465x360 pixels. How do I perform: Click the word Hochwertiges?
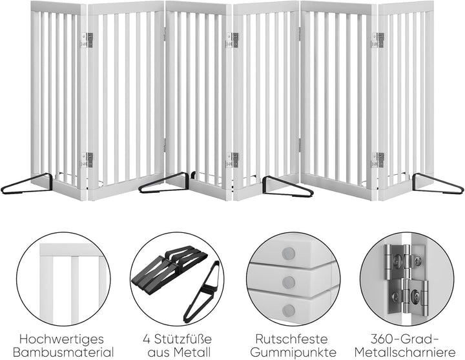tap(62, 339)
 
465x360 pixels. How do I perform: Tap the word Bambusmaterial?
tap(63, 353)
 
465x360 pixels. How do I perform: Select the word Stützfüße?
tap(182, 339)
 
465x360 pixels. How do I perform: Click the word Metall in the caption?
tap(192, 353)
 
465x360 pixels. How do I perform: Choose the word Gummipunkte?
tap(293, 353)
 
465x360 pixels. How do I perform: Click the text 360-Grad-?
tap(404, 339)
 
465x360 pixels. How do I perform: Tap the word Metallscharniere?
tap(405, 353)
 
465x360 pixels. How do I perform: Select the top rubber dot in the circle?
tap(289, 254)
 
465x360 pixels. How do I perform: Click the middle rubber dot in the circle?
tap(289, 282)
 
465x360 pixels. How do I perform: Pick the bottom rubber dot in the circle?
tap(289, 310)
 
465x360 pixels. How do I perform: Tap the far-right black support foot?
tap(438, 184)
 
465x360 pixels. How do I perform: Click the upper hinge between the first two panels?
tap(87, 40)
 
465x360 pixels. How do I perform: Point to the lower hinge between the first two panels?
tap(87, 160)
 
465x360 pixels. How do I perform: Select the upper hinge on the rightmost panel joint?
tap(378, 40)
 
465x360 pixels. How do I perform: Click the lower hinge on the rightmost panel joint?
tap(378, 160)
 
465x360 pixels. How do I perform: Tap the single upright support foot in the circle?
tap(202, 292)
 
